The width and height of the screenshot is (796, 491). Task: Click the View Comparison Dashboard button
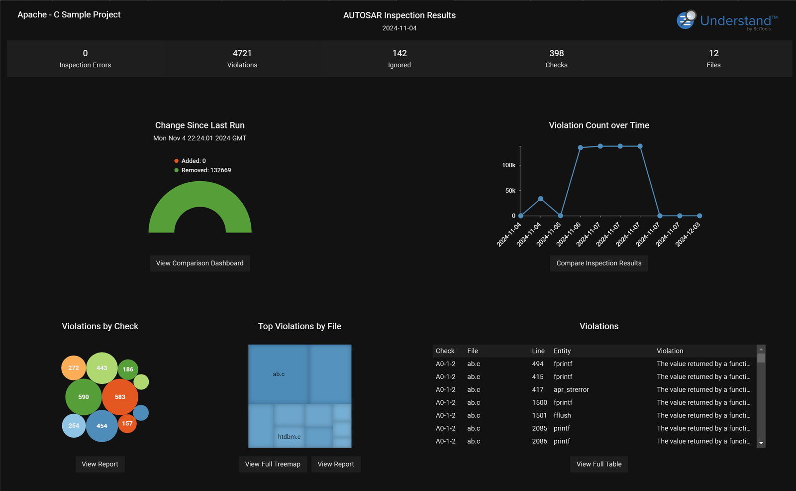[199, 263]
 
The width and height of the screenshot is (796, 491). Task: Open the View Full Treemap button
[273, 464]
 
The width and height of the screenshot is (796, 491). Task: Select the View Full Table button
[599, 464]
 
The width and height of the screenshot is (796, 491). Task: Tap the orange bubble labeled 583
[120, 397]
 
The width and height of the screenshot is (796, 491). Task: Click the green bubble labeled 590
[84, 397]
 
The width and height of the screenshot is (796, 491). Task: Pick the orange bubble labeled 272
[74, 368]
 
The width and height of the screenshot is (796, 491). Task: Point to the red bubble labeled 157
[127, 424]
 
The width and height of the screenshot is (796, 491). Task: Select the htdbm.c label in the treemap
[289, 437]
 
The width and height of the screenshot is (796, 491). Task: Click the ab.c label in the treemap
[279, 374]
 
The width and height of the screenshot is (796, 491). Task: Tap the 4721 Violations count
[242, 54]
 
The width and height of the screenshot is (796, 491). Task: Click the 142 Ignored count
[399, 54]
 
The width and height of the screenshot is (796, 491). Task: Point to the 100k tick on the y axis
[508, 165]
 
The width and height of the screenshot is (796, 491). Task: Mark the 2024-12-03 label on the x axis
[688, 234]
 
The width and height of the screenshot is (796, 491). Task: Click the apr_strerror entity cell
[571, 390]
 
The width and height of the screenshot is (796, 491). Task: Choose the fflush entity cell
[562, 415]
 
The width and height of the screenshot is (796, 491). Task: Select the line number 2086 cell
[539, 441]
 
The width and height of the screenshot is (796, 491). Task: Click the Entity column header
[562, 351]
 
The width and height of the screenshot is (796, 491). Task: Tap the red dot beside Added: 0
[176, 161]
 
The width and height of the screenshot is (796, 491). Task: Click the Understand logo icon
[687, 20]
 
